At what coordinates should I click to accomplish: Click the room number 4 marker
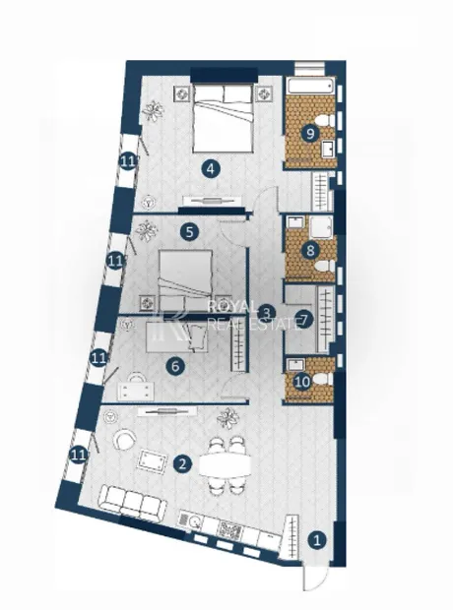pyautogui.click(x=211, y=169)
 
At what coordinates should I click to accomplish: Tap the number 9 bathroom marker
pyautogui.click(x=310, y=134)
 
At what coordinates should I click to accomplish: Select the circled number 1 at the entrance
pyautogui.click(x=317, y=540)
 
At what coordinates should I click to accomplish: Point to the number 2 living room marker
pyautogui.click(x=183, y=463)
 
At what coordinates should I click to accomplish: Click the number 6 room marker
pyautogui.click(x=175, y=366)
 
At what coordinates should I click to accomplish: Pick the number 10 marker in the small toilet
pyautogui.click(x=302, y=382)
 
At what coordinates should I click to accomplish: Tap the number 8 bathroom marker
pyautogui.click(x=310, y=250)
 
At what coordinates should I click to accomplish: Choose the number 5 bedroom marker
pyautogui.click(x=190, y=232)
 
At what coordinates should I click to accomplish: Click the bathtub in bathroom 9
pyautogui.click(x=311, y=86)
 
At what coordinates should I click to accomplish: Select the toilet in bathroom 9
pyautogui.click(x=324, y=121)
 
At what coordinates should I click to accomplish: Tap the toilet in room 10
pyautogui.click(x=323, y=380)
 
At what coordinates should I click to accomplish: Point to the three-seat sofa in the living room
pyautogui.click(x=133, y=501)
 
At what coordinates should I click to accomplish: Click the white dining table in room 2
pyautogui.click(x=226, y=464)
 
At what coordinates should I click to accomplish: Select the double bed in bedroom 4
pyautogui.click(x=223, y=119)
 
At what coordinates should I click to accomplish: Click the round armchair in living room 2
pyautogui.click(x=125, y=439)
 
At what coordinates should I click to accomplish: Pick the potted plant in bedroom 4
pyautogui.click(x=153, y=110)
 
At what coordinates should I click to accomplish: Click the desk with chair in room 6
pyautogui.click(x=136, y=385)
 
